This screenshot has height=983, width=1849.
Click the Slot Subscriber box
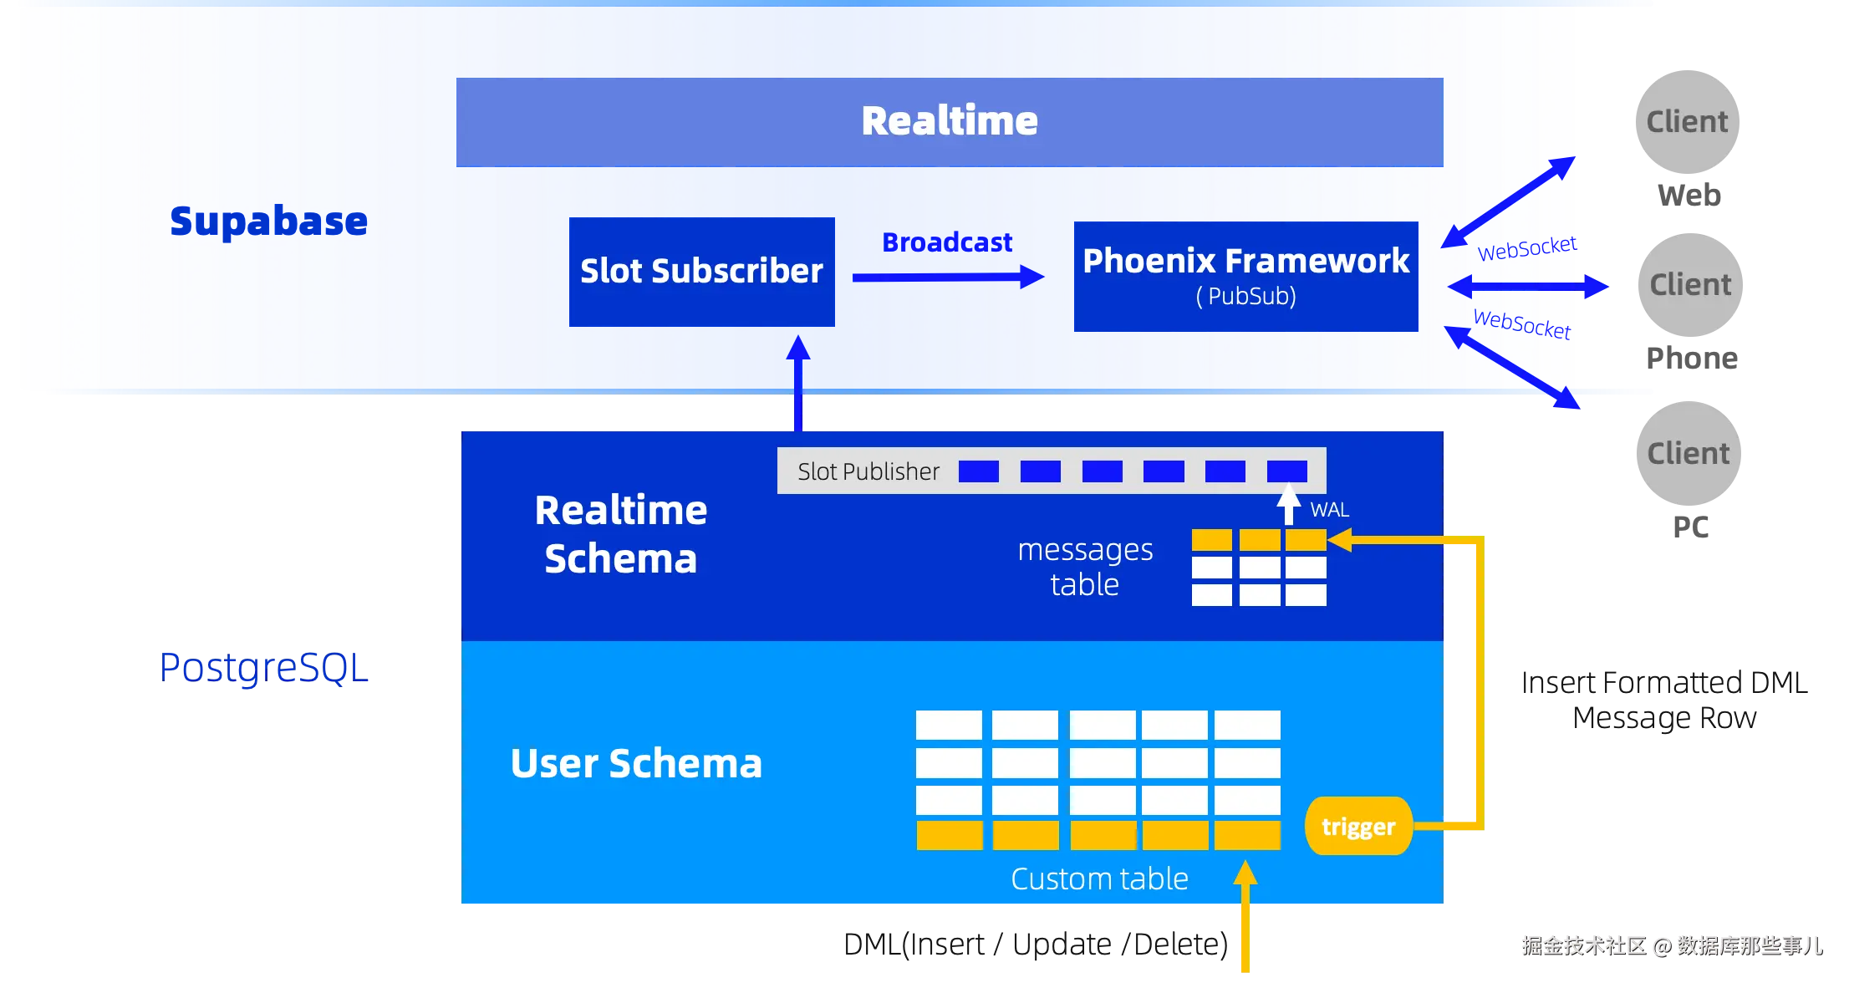point(701,272)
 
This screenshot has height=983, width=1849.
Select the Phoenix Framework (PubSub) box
point(1245,277)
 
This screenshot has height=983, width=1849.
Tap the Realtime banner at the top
point(950,122)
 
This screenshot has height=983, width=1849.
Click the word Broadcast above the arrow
point(947,242)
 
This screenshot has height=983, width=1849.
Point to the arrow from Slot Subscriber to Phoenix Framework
point(949,277)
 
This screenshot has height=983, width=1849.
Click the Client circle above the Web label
point(1687,122)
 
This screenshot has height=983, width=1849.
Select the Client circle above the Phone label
point(1690,285)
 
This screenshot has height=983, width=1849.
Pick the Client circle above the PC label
point(1689,453)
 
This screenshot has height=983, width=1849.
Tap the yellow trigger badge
point(1358,826)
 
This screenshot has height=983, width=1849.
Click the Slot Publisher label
point(868,471)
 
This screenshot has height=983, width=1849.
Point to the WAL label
point(1329,510)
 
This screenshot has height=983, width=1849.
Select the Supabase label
point(268,222)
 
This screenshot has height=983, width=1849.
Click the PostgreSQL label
point(263,668)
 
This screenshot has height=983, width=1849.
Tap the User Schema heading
point(636,763)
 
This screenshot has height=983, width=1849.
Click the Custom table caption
point(1099,879)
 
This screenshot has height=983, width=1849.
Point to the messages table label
point(1085,567)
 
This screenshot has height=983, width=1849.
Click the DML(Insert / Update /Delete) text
point(1036,945)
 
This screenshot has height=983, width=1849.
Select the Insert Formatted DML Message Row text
point(1664,700)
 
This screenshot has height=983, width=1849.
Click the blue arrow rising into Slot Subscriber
point(798,384)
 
